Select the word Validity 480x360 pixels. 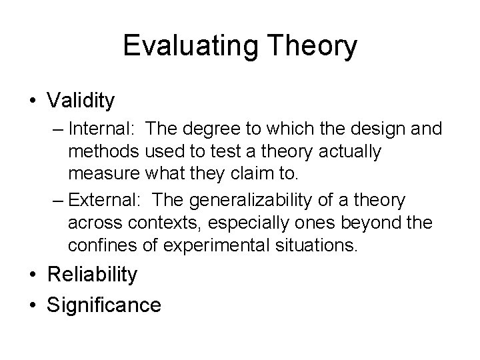coord(81,101)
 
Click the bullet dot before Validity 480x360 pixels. coord(33,101)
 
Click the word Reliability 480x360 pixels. coord(93,274)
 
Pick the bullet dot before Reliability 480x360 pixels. coord(33,274)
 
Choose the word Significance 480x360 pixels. coord(104,305)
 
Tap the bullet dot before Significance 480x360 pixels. coord(33,305)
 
